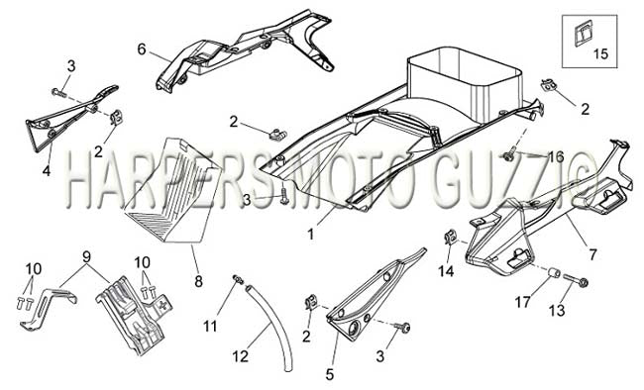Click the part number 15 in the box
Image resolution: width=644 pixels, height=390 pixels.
[x=600, y=53]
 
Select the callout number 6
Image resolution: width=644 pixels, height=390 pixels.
[x=142, y=49]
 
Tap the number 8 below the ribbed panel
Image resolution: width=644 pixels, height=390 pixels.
[x=199, y=282]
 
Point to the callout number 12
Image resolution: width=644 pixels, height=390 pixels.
[x=241, y=356]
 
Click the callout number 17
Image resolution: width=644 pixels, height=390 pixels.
[x=523, y=303]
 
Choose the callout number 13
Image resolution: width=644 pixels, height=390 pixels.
[x=558, y=311]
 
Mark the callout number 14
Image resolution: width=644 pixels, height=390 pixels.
[x=446, y=271]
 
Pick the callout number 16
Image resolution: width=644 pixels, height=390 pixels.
[x=556, y=156]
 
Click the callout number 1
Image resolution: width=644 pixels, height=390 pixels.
[x=311, y=235]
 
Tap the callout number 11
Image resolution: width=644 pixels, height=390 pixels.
[x=210, y=327]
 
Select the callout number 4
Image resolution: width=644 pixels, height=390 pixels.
[x=47, y=170]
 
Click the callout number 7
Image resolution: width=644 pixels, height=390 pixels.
[x=591, y=255]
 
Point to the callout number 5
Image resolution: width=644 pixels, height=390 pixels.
[x=330, y=374]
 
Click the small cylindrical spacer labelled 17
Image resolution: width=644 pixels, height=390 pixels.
[x=554, y=273]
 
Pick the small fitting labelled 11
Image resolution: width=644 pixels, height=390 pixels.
[x=238, y=279]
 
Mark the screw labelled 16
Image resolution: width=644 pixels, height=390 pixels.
[x=509, y=154]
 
